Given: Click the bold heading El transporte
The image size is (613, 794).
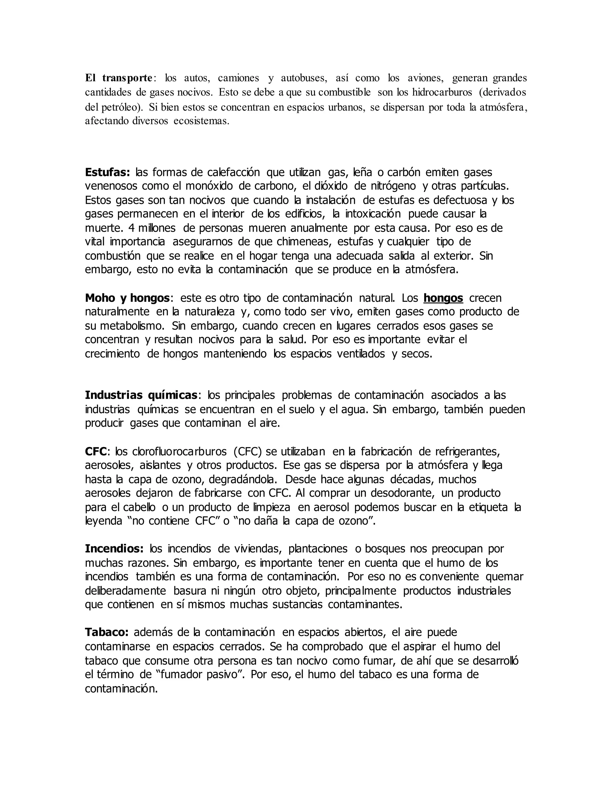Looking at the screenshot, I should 119,78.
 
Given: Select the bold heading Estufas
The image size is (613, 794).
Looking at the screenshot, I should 107,172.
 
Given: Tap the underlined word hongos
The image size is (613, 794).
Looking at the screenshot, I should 443,298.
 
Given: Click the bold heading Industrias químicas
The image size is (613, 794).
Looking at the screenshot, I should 141,395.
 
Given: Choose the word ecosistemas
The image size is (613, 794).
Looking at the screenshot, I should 201,121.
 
